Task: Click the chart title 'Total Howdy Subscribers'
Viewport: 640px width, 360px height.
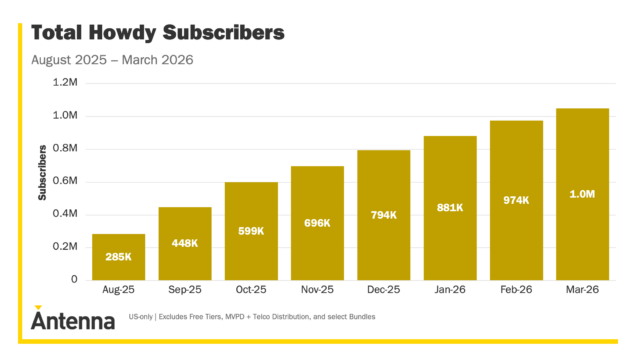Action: [158, 32]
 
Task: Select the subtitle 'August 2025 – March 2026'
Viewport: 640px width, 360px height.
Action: [112, 60]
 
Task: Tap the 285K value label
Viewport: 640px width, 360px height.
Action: [119, 258]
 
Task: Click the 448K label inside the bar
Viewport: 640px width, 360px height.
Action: [185, 244]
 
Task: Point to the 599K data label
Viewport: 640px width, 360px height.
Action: [251, 231]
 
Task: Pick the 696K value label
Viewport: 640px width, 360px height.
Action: [317, 222]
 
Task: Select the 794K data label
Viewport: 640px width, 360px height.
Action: [384, 214]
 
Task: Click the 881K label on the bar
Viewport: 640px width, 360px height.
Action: [450, 207]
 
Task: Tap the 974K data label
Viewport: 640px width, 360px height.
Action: [516, 199]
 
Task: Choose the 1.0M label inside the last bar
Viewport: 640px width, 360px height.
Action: [582, 193]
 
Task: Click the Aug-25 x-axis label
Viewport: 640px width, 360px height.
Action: [119, 290]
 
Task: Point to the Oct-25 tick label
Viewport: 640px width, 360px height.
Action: [251, 290]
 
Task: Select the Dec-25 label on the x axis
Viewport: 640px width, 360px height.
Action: [384, 290]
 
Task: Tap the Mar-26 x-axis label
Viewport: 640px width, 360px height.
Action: [582, 290]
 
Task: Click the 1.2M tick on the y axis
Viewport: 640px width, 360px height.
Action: [66, 83]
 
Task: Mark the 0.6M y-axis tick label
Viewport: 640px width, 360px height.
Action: [66, 181]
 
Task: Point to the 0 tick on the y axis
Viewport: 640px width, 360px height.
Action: [74, 279]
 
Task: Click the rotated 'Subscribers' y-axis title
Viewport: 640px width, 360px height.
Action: [43, 172]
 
